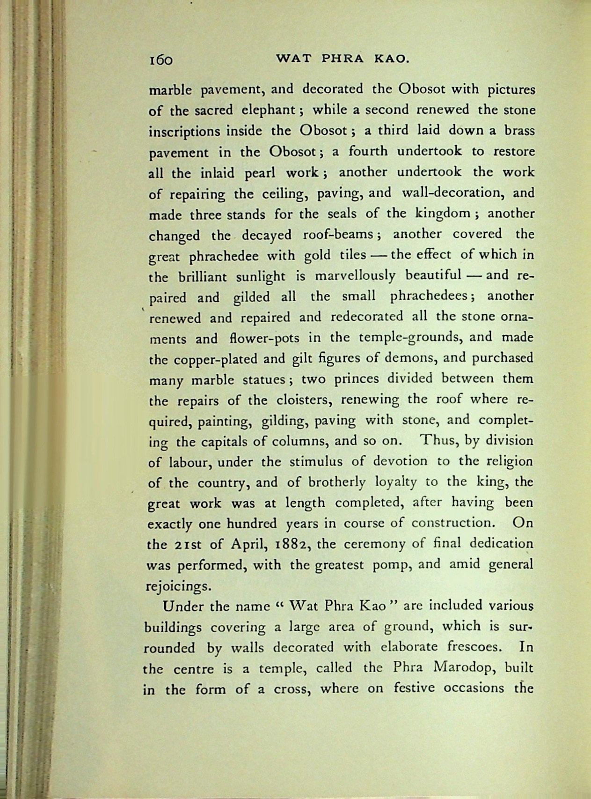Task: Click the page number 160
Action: (x=161, y=60)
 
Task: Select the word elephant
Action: (x=268, y=110)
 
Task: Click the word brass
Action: (x=519, y=131)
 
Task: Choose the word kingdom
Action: (x=443, y=214)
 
